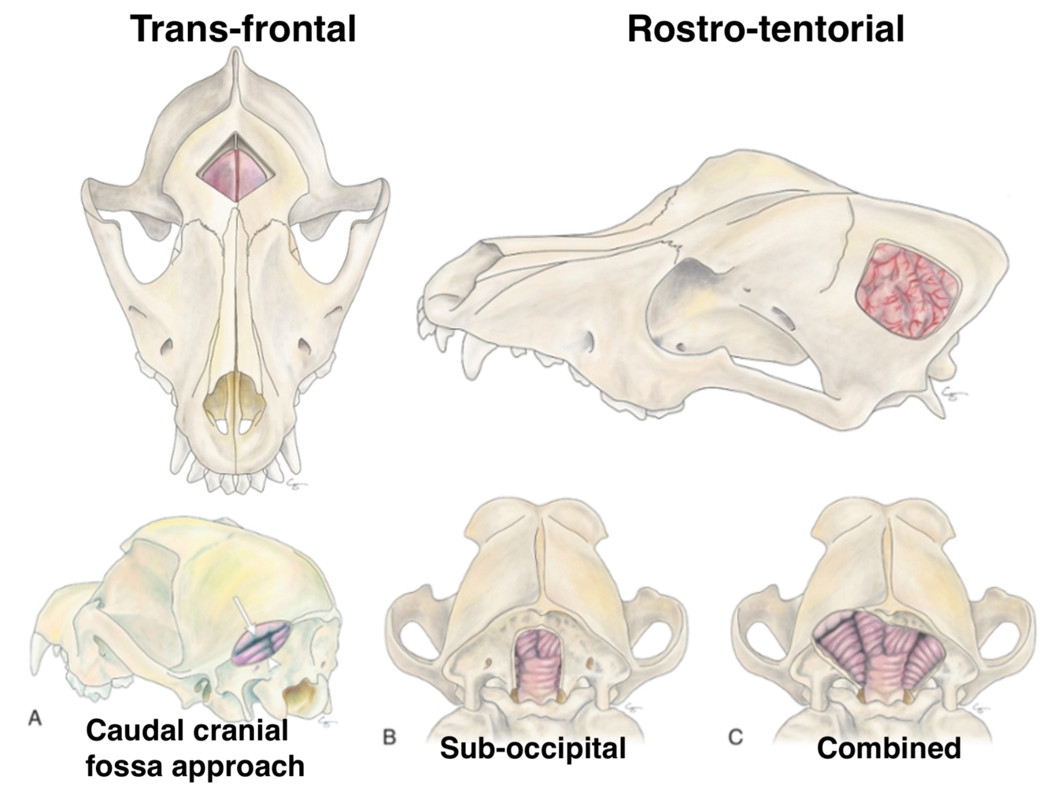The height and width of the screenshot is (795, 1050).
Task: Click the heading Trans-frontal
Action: coord(243,29)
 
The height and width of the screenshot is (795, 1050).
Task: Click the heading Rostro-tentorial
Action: coord(765,29)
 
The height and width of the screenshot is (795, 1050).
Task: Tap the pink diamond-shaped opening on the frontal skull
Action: coord(235,173)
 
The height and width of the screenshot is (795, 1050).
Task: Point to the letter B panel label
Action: coord(389,737)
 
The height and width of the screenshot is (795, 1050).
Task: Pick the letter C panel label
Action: coord(735,737)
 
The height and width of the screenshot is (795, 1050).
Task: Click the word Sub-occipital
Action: coord(533,748)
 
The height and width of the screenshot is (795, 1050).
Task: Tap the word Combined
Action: coord(889,748)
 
